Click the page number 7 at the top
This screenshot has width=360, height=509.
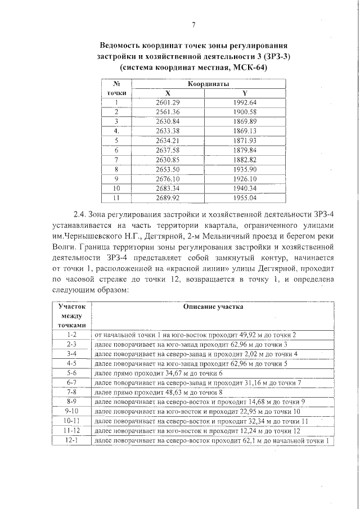point(193,24)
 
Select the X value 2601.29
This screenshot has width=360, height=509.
point(167,102)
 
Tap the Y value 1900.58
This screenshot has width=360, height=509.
point(244,112)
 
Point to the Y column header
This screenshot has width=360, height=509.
point(244,93)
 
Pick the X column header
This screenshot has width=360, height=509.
point(167,93)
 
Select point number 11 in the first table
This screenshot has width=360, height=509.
point(116,198)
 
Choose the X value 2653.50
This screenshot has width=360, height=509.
point(167,169)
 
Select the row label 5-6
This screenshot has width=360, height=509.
point(71,373)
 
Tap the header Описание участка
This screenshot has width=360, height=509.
point(213,307)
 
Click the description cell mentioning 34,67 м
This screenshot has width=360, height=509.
point(159,373)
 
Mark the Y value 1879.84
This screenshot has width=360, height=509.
point(244,150)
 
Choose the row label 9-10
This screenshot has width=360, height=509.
point(71,411)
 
